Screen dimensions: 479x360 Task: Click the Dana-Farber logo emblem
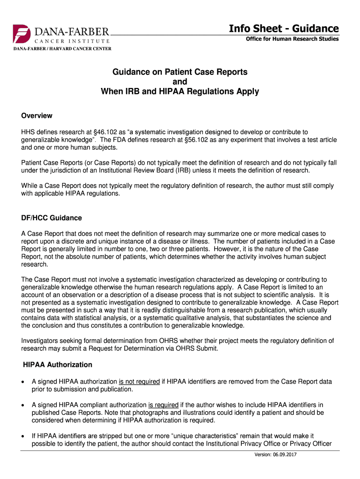(22, 35)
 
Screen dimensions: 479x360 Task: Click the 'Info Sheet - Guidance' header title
(284, 29)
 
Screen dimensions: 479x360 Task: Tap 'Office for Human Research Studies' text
(292, 39)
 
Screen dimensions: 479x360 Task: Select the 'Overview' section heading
(37, 116)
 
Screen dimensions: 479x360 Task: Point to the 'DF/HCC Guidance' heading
(51, 218)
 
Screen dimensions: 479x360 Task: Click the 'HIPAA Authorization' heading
(58, 364)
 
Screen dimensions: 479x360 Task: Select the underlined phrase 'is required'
(163, 405)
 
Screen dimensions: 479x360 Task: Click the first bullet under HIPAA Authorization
(23, 382)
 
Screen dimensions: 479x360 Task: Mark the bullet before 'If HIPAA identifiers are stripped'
(23, 436)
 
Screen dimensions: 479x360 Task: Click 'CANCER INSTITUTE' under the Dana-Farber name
(71, 41)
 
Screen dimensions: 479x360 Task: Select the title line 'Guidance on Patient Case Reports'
(180, 72)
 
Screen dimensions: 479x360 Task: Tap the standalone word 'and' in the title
(180, 82)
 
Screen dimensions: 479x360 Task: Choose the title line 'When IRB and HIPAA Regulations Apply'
(180, 92)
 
